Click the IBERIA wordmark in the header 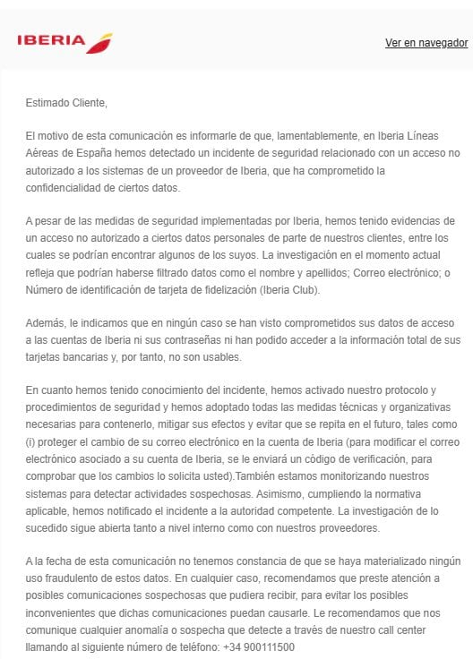[51, 42]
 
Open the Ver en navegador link [426, 43]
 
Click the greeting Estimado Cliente [66, 103]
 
